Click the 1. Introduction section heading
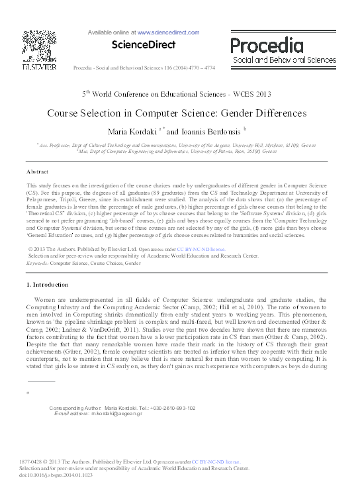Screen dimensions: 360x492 (47, 284)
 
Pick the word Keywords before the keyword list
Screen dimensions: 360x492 (38, 263)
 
